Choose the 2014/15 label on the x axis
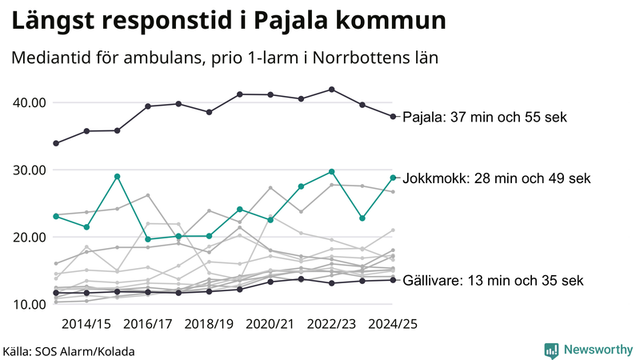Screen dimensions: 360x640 coord(86,324)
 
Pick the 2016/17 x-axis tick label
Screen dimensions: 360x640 coord(148,324)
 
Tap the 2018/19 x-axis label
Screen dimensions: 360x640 coord(210,324)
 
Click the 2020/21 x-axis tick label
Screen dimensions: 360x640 coord(271,324)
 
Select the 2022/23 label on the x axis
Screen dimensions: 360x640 coord(332,324)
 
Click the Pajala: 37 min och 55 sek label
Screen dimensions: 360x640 coord(484,118)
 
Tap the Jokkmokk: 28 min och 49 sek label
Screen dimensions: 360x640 coord(496,178)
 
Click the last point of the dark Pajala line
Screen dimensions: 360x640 coord(393,117)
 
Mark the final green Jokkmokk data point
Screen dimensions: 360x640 coord(393,178)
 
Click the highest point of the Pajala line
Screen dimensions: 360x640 coord(332,90)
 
